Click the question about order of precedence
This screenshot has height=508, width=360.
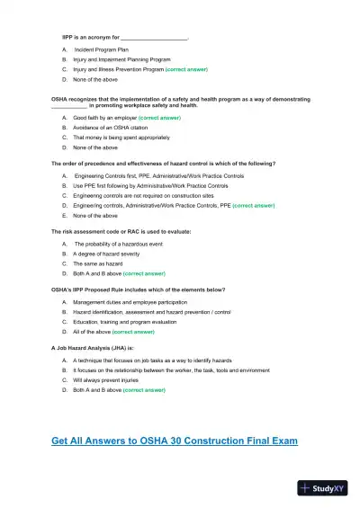point(163,163)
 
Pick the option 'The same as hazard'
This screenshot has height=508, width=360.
point(96,263)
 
